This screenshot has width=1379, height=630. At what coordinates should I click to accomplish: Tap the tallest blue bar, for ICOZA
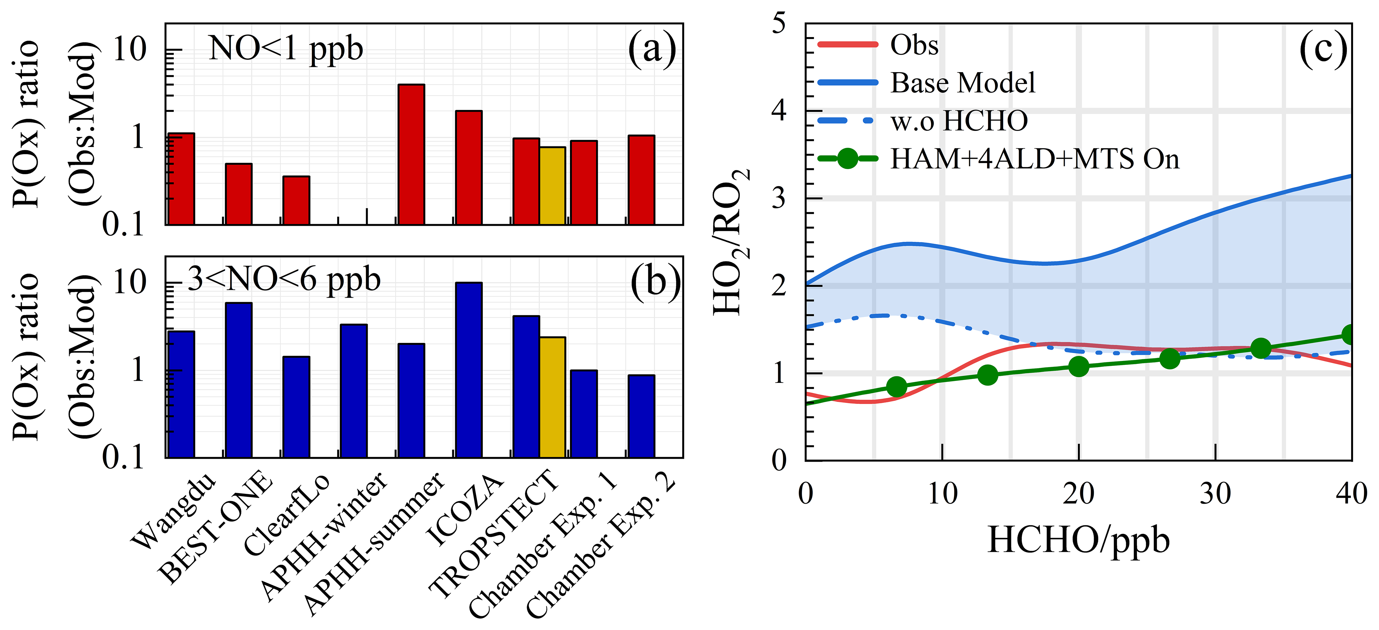[x=468, y=370]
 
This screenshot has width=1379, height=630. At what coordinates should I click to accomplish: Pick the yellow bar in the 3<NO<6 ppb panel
[x=553, y=397]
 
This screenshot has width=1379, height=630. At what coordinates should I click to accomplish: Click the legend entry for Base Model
[x=962, y=83]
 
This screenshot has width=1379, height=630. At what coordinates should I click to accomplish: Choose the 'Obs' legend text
[x=914, y=45]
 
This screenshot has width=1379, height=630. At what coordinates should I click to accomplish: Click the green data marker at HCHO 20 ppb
[x=1079, y=367]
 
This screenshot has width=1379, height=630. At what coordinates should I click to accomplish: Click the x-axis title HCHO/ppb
[x=1078, y=540]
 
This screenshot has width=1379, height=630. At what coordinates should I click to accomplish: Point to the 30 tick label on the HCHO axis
[x=1215, y=494]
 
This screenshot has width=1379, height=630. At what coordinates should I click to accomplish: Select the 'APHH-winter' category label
[x=324, y=536]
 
